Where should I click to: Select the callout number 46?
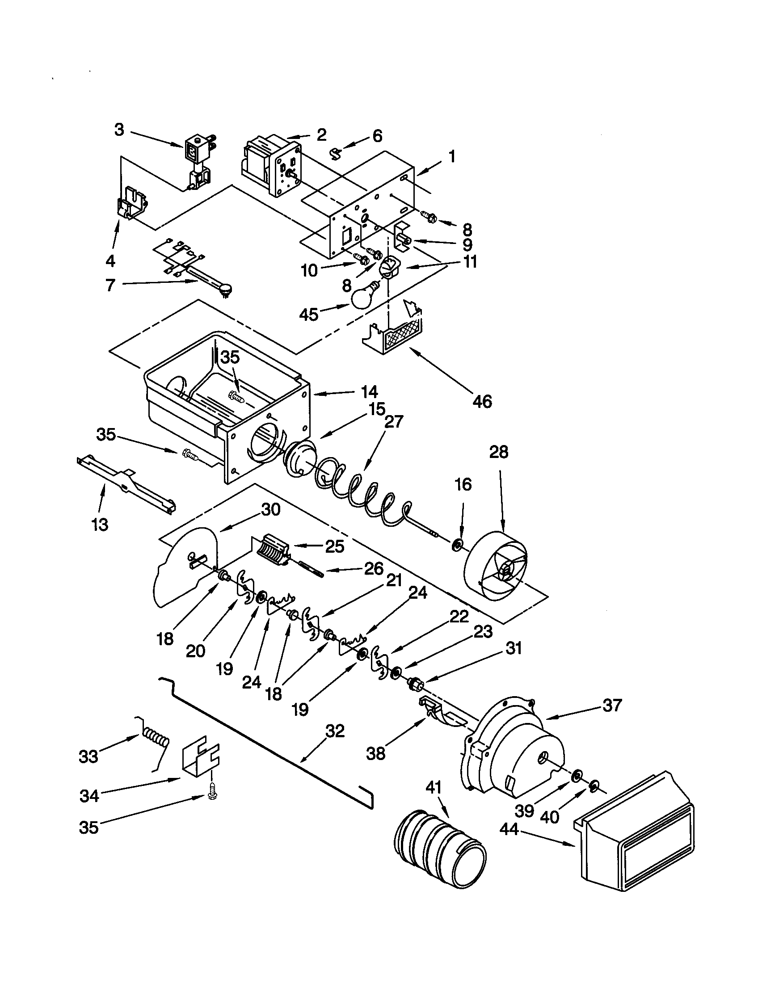click(x=482, y=401)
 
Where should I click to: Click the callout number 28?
click(x=498, y=451)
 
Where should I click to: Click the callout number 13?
click(x=100, y=524)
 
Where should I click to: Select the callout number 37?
click(x=612, y=706)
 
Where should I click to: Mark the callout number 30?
click(x=270, y=509)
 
